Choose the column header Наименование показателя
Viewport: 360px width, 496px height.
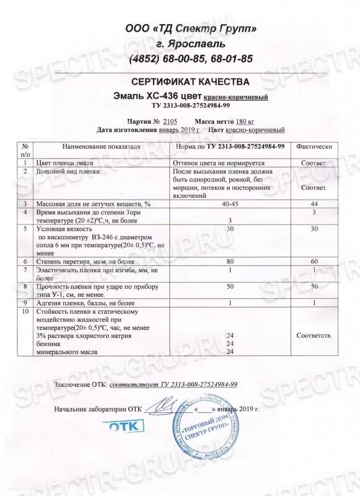[99, 146]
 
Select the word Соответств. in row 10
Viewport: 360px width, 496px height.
[315, 335]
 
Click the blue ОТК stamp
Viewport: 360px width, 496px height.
[125, 427]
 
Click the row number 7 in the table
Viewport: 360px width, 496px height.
[25, 270]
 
